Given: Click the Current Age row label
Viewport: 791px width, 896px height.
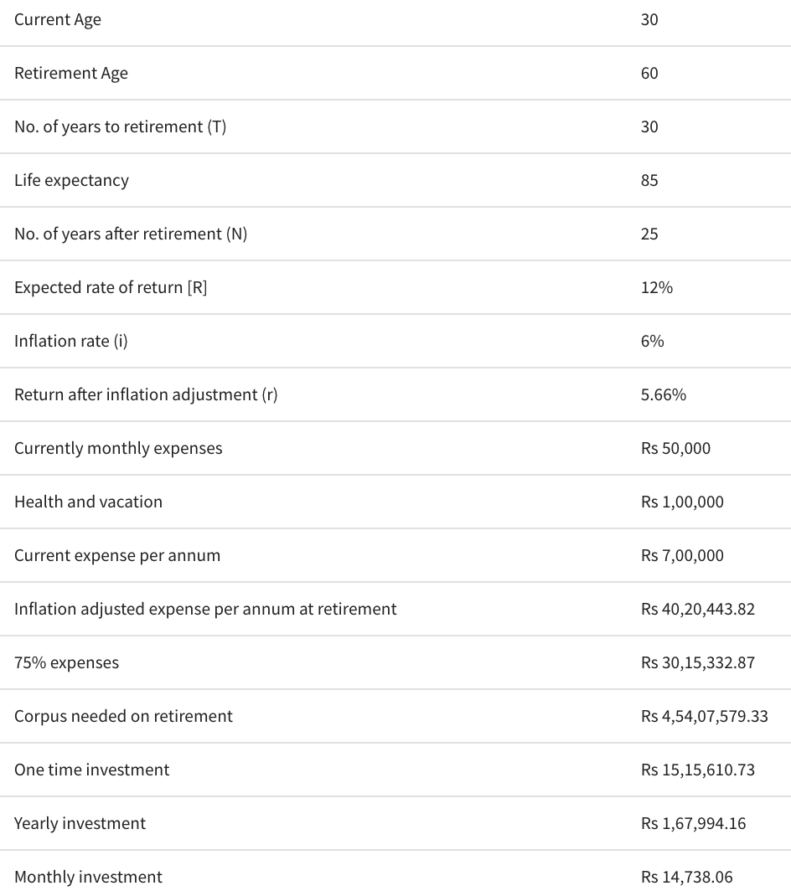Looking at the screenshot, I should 58,19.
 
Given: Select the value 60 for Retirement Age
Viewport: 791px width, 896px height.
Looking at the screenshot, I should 649,73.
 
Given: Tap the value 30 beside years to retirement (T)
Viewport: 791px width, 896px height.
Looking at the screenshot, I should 649,126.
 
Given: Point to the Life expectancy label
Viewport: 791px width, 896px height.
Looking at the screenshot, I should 71,180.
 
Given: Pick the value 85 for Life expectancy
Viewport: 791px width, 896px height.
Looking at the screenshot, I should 649,180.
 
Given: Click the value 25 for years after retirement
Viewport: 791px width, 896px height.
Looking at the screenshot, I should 649,234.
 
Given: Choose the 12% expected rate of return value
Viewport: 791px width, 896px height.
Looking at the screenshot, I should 656,287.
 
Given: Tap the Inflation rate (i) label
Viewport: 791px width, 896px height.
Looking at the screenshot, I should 71,341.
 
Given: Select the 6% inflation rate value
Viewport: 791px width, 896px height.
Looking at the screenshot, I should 652,341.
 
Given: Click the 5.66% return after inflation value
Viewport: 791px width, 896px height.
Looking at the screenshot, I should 663,394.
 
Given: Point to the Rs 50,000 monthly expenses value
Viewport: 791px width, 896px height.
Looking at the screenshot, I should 675,448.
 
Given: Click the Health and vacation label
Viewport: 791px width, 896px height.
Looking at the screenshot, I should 88,502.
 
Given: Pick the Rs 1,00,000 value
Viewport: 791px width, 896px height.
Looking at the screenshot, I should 682,502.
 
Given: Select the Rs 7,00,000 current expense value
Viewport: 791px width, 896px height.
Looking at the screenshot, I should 682,555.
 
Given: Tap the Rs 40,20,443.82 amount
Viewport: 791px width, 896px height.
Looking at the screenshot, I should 697,609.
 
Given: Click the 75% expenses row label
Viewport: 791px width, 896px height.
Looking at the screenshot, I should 66,662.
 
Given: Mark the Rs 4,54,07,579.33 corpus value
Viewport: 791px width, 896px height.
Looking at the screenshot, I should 704,716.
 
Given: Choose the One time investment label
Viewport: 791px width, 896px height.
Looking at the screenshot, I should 91,770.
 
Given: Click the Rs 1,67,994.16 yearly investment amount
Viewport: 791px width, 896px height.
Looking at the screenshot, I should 693,823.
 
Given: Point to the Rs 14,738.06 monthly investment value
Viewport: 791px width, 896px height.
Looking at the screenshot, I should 686,877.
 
